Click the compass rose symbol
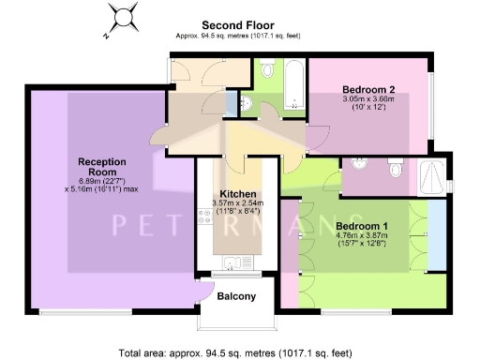click(x=121, y=17)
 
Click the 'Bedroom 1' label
click(x=361, y=226)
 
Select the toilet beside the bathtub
click(x=266, y=71)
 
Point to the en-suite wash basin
click(x=358, y=167)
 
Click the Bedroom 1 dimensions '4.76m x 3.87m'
click(x=361, y=237)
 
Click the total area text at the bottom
click(x=235, y=352)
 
